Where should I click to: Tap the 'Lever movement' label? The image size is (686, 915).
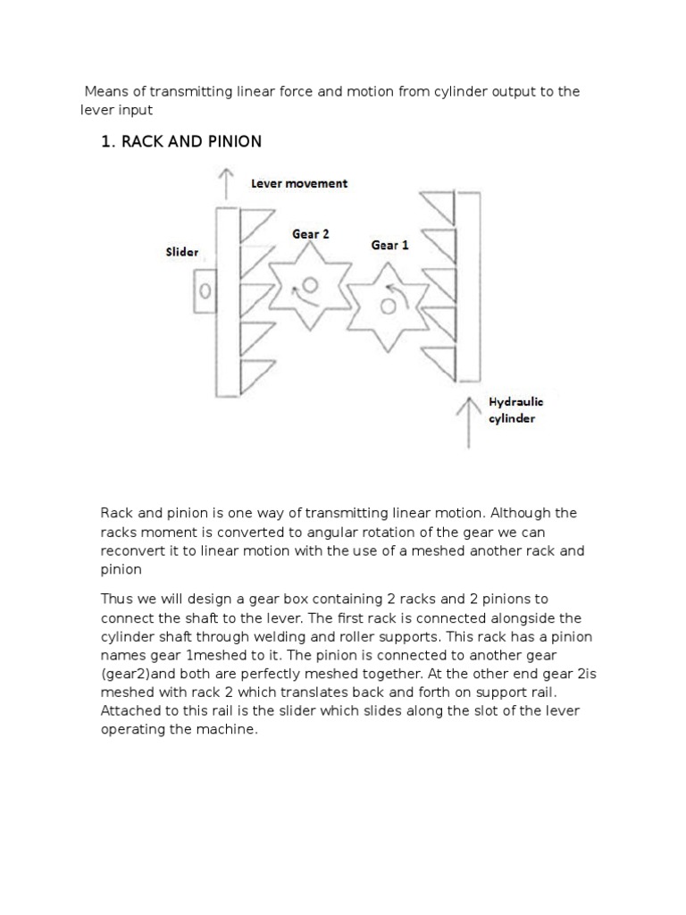pos(299,183)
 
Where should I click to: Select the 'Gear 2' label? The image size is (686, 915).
pos(311,234)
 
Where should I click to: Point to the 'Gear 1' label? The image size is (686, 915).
pos(389,245)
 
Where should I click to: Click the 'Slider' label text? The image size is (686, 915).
pos(181,253)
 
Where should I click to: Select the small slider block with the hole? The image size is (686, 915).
pos(205,291)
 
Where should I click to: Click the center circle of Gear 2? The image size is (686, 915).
pos(310,285)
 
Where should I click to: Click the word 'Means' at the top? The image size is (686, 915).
pos(106,92)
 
